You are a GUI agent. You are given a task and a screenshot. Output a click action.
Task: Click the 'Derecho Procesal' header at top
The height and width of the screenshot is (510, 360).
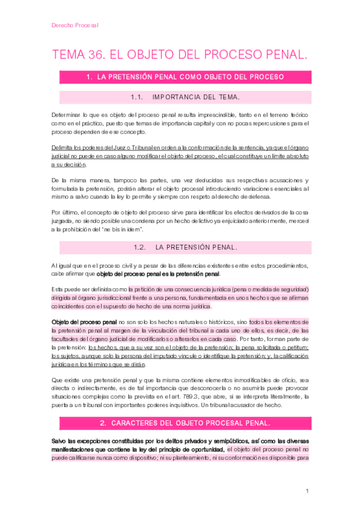pos(75,25)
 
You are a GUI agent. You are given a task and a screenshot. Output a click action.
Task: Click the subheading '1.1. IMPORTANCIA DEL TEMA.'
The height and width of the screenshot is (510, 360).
pos(185,96)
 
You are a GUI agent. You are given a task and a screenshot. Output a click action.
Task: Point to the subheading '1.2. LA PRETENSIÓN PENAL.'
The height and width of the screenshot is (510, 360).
pos(185,247)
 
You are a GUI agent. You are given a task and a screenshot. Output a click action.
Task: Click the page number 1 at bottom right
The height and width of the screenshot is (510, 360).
pos(307,491)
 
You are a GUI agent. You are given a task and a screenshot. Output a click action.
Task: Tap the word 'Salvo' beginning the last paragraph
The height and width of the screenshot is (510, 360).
pos(61,425)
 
